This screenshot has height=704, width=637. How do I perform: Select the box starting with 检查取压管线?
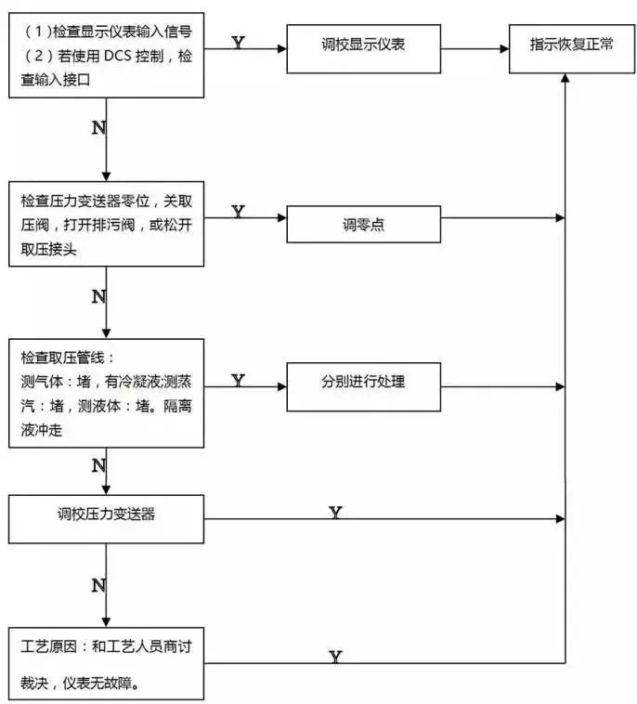click(x=106, y=393)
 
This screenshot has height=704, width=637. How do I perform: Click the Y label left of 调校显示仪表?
click(x=238, y=44)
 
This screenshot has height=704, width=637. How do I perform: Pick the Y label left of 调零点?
click(x=238, y=212)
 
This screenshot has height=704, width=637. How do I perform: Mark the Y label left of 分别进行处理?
click(x=238, y=380)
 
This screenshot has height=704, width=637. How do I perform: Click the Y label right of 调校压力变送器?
click(x=335, y=512)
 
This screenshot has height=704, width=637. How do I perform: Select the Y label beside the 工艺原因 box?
click(x=335, y=657)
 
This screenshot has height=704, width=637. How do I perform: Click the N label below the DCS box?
click(x=98, y=128)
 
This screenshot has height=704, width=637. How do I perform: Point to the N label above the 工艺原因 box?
click(x=98, y=585)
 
